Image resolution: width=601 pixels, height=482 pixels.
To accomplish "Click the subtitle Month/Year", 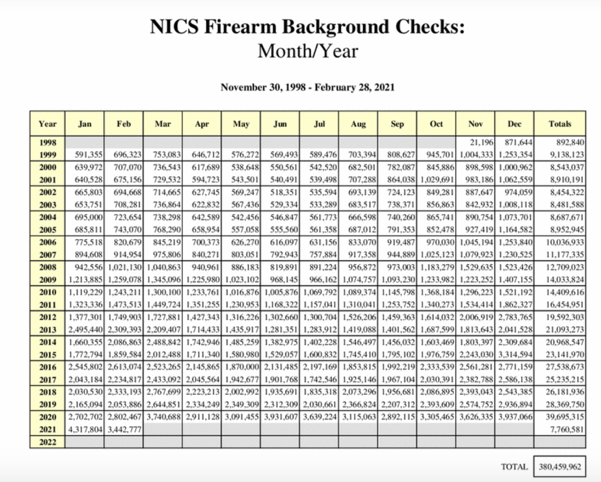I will (307, 51).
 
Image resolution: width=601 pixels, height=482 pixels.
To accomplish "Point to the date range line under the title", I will (307, 87).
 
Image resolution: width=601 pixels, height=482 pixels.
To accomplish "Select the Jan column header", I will (84, 124).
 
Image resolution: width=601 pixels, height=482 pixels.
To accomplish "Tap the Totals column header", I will (560, 124).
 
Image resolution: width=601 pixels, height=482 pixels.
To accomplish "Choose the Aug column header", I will (358, 124).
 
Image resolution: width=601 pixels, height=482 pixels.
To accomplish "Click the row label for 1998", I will (48, 142).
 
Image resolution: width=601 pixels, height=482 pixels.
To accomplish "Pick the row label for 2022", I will (48, 442).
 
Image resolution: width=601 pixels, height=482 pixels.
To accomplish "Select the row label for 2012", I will (48, 317).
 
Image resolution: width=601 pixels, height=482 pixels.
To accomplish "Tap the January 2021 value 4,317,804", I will (85, 430).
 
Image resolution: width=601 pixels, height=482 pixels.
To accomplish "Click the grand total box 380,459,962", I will (560, 467).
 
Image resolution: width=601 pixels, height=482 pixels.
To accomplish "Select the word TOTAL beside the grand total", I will (514, 467).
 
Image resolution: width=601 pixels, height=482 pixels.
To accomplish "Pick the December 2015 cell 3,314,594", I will (515, 355).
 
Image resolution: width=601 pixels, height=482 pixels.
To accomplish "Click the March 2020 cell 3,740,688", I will (164, 417).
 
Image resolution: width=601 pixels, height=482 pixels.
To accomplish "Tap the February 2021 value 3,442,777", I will (124, 430).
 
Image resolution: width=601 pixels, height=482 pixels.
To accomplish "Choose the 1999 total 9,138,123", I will (567, 155).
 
